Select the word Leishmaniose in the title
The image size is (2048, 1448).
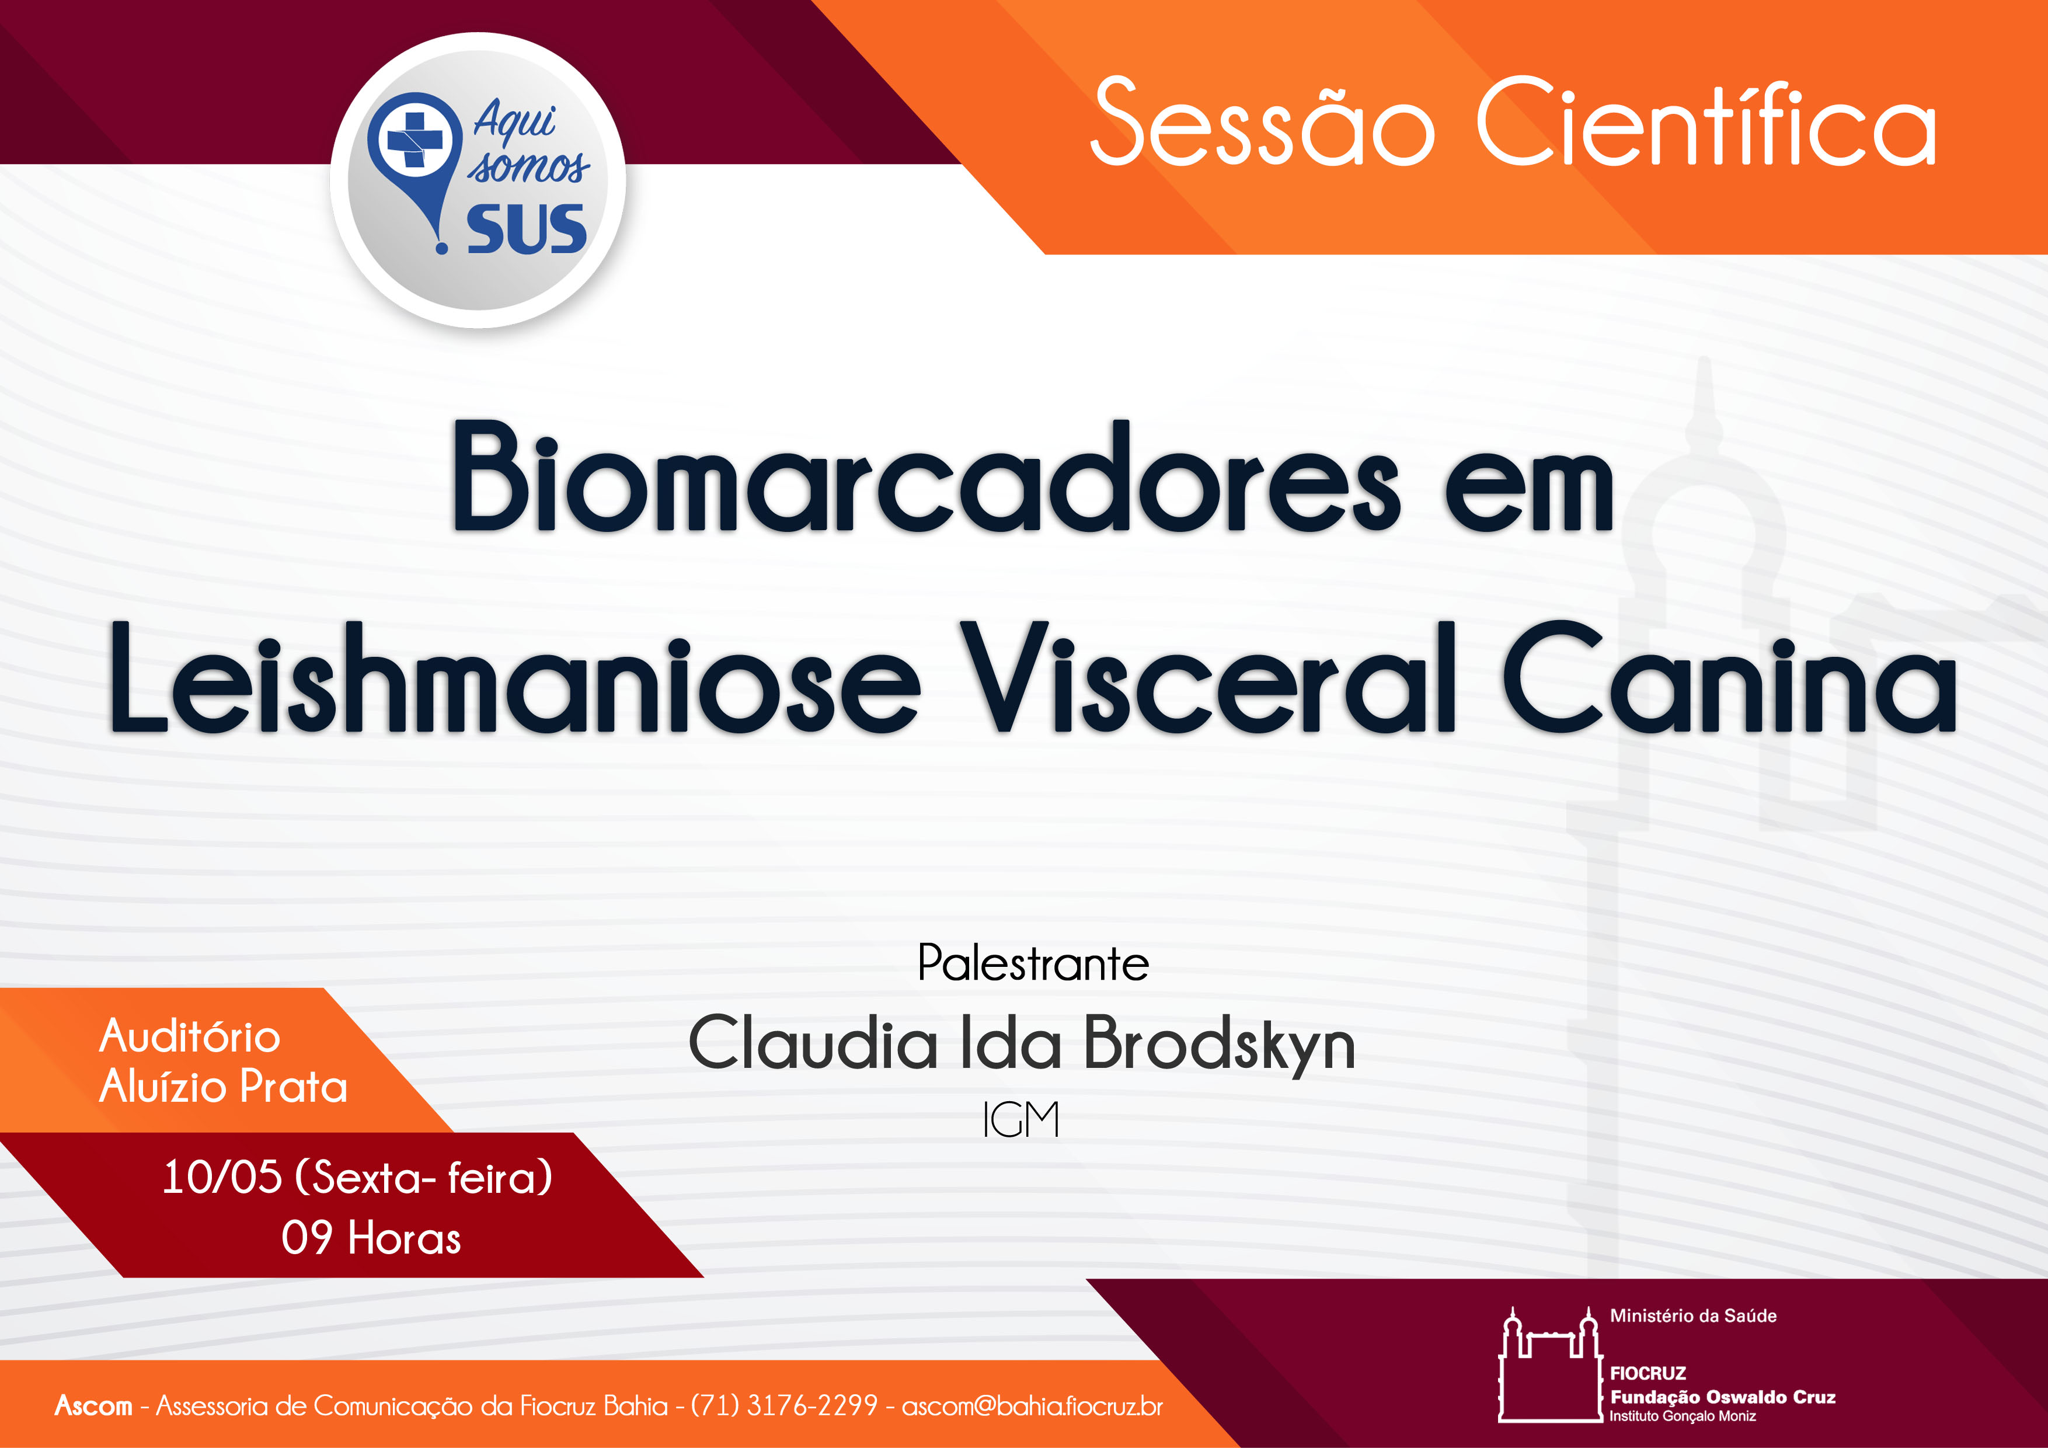(x=515, y=677)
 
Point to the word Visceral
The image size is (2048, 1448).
(x=1208, y=677)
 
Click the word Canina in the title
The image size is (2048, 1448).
(x=1730, y=677)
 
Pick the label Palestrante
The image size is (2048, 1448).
(x=1033, y=963)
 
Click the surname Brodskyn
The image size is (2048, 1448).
(x=1220, y=1045)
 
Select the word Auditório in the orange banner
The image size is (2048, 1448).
(x=190, y=1037)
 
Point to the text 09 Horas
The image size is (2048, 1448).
(x=371, y=1238)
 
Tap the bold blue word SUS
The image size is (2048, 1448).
(x=527, y=229)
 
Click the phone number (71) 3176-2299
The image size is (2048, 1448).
(x=785, y=1406)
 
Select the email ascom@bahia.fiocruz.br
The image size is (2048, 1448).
(x=1032, y=1406)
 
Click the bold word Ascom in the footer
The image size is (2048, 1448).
(x=93, y=1406)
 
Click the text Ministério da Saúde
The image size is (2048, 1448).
(x=1693, y=1316)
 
